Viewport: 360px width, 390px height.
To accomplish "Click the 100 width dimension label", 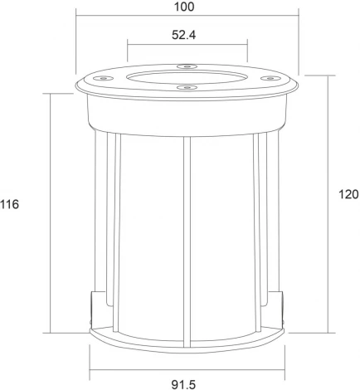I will click(186, 7).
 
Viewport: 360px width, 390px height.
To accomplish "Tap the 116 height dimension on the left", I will click(10, 204).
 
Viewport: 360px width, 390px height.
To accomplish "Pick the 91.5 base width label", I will click(183, 383).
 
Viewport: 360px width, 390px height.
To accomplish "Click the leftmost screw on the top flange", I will click(105, 79).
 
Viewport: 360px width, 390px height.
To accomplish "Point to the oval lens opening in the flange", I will click(187, 76).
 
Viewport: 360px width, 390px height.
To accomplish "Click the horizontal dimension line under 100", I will click(186, 15).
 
